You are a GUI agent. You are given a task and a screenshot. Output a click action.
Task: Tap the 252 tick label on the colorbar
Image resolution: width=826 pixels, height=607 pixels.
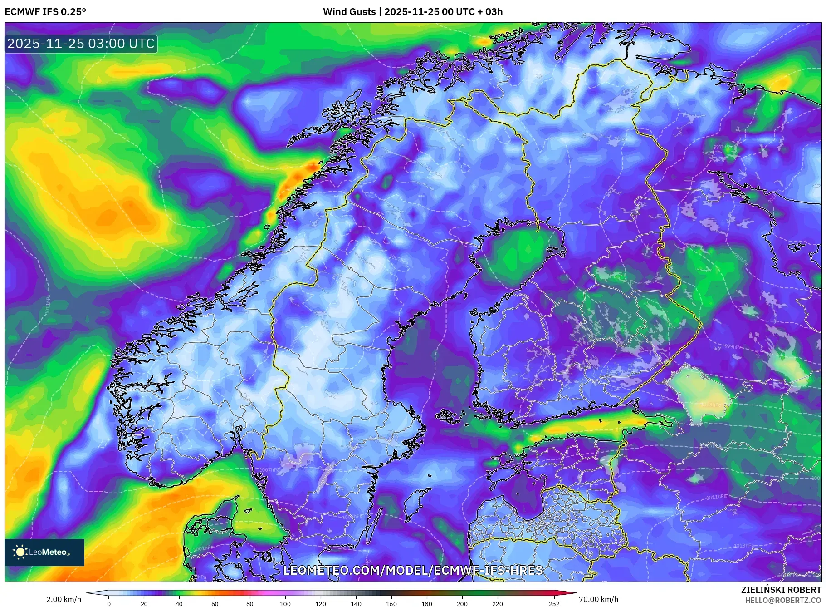(x=554, y=604)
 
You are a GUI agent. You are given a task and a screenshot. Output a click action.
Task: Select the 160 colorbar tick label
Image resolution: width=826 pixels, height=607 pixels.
(x=391, y=604)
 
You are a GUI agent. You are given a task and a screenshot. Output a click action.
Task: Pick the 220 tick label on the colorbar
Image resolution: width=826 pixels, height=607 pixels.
(x=497, y=604)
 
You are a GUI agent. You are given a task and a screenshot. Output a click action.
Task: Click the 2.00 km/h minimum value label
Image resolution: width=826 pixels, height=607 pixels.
(x=64, y=599)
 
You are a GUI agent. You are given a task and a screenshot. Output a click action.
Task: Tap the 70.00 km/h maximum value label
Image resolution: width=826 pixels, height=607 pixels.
(x=598, y=599)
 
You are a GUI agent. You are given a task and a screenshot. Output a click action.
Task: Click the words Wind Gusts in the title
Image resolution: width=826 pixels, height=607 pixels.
(x=349, y=12)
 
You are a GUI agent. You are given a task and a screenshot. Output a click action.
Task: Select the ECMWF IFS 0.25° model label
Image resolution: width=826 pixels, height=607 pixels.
(x=45, y=12)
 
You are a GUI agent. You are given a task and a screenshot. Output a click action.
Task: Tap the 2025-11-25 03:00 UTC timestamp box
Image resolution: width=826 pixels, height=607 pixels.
(x=81, y=44)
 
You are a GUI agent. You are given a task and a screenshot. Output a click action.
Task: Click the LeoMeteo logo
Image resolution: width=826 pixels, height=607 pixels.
(x=44, y=552)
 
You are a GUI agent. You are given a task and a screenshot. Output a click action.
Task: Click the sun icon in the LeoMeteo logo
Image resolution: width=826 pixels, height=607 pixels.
(x=20, y=552)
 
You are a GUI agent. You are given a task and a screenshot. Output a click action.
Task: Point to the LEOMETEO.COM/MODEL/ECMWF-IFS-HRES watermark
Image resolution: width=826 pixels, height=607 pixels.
(x=413, y=570)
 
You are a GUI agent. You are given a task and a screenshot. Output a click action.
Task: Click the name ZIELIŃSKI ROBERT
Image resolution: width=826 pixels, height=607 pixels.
(x=781, y=590)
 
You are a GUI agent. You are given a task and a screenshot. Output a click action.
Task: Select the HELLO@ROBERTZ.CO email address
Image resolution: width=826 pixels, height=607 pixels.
(x=782, y=600)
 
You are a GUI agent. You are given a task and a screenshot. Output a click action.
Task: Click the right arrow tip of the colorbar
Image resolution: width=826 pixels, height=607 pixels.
(x=575, y=592)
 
